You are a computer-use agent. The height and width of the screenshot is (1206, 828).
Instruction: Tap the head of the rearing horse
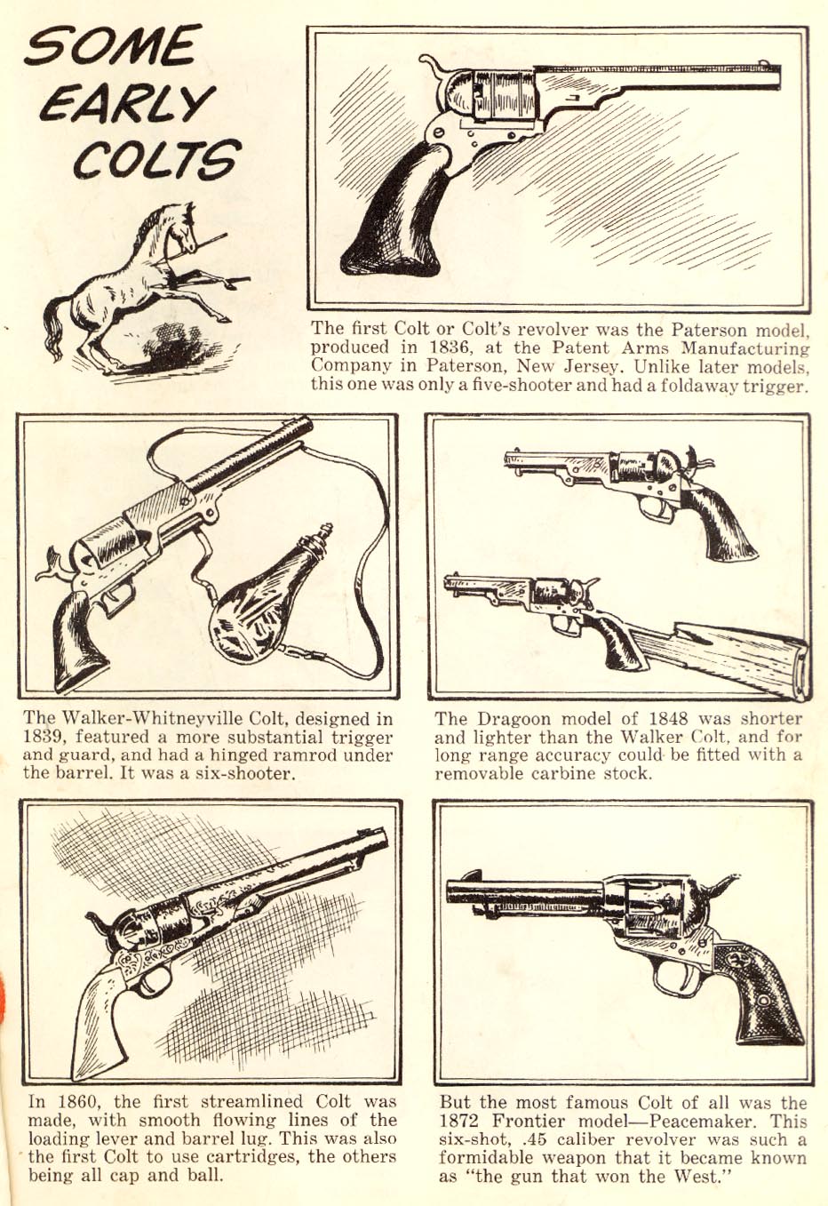(182, 228)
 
